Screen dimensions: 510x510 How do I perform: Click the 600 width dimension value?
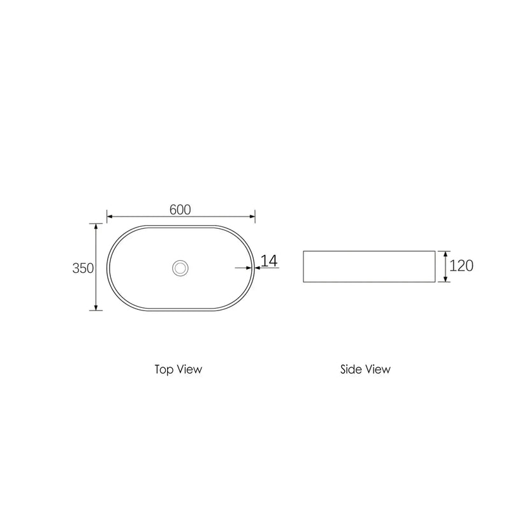pos(180,209)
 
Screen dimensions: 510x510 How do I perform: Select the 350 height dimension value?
pos(84,268)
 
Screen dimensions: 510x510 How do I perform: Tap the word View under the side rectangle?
pos(378,369)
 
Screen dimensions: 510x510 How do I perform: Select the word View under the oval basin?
pos(190,369)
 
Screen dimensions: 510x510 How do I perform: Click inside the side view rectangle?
pos(368,266)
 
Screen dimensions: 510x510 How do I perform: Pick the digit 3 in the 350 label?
pos(76,268)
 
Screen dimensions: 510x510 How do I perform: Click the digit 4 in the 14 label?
pos(273,261)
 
